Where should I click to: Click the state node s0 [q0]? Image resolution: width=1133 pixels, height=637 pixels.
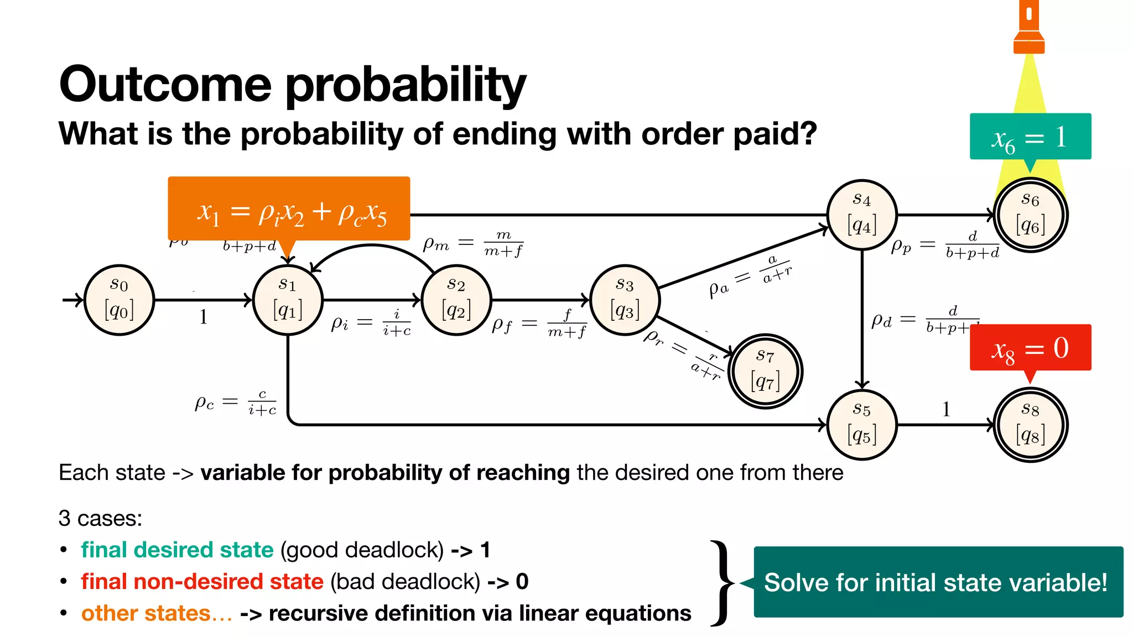coord(119,300)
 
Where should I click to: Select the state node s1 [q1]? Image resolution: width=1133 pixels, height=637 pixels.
coord(288,300)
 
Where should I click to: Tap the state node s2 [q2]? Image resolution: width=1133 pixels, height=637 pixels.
coord(456,300)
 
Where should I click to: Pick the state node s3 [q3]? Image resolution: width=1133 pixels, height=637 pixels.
coord(625,300)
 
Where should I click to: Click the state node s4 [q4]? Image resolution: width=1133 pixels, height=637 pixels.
coord(862,215)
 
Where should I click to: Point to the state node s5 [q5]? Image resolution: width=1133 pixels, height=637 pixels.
coord(862,425)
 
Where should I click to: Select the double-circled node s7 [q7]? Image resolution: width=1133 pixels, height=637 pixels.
coord(765,371)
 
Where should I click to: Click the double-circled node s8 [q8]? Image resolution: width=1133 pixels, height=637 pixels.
coord(1030,425)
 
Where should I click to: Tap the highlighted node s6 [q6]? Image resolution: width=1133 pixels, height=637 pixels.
coord(1030,215)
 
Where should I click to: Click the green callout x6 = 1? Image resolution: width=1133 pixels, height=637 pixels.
coord(1030,137)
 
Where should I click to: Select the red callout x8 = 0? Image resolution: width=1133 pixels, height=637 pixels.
coord(1030,347)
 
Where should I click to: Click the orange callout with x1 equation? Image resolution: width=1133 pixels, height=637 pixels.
coord(289,209)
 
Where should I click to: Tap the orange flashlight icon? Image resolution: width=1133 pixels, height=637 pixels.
coord(1029,28)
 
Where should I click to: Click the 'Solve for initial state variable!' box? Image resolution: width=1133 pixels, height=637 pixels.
coord(938,582)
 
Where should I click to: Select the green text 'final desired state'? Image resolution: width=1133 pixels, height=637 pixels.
coord(177,550)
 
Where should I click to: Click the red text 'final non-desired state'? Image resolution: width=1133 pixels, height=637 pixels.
coord(202,581)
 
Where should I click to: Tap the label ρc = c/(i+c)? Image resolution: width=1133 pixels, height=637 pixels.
coord(235,402)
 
